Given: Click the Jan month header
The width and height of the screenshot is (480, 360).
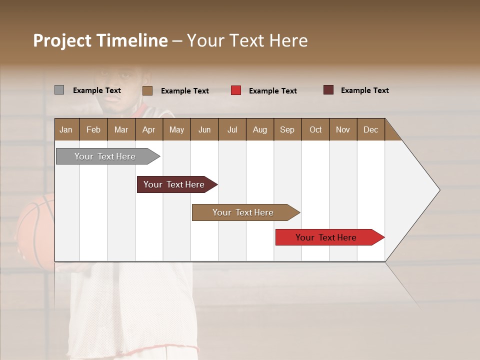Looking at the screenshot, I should pyautogui.click(x=66, y=129).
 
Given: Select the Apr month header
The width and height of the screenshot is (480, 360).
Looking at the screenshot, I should pyautogui.click(x=148, y=129).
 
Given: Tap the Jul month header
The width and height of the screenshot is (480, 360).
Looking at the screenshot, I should pyautogui.click(x=232, y=129).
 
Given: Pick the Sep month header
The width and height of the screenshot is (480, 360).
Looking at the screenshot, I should pyautogui.click(x=287, y=129).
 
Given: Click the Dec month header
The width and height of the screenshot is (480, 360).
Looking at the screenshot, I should pyautogui.click(x=370, y=129).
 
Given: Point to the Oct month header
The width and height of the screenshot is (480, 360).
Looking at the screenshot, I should pyautogui.click(x=315, y=129).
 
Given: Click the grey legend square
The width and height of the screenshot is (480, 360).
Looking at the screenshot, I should pyautogui.click(x=59, y=90).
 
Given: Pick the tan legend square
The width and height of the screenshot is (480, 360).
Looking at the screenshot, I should pyautogui.click(x=147, y=90).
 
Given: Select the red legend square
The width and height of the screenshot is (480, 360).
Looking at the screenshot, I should pyautogui.click(x=236, y=90).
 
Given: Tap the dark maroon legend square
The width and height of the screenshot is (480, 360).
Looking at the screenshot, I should pyautogui.click(x=328, y=90).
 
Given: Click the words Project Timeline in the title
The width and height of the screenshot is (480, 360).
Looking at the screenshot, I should pyautogui.click(x=100, y=40).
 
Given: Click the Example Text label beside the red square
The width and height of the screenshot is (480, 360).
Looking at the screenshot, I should pyautogui.click(x=272, y=91).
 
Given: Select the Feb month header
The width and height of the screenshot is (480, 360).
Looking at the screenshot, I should pyautogui.click(x=93, y=129).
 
